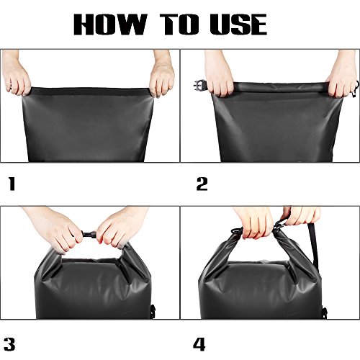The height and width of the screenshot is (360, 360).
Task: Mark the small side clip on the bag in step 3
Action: pyautogui.click(x=153, y=310)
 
